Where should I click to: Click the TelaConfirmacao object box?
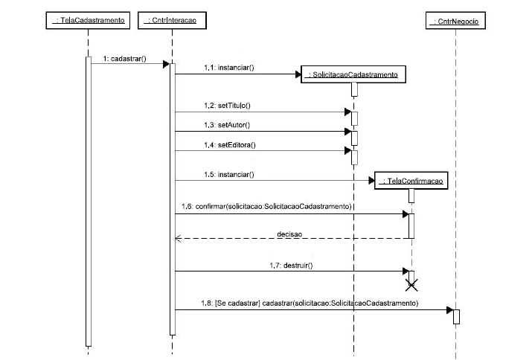pos(412,181)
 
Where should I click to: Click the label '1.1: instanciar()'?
pos(228,68)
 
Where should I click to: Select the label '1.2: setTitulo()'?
pos(229,106)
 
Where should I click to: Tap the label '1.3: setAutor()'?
pos(228,125)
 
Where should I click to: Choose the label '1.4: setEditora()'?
pos(230,144)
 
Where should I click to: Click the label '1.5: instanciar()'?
pos(228,174)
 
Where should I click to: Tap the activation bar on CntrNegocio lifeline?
pos(457,316)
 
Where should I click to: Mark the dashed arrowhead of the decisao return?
pos(177,239)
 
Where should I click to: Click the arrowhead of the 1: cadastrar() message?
pos(167,64)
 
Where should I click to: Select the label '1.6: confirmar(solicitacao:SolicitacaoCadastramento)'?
pos(266,206)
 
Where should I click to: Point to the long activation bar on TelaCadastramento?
pos(88,201)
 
